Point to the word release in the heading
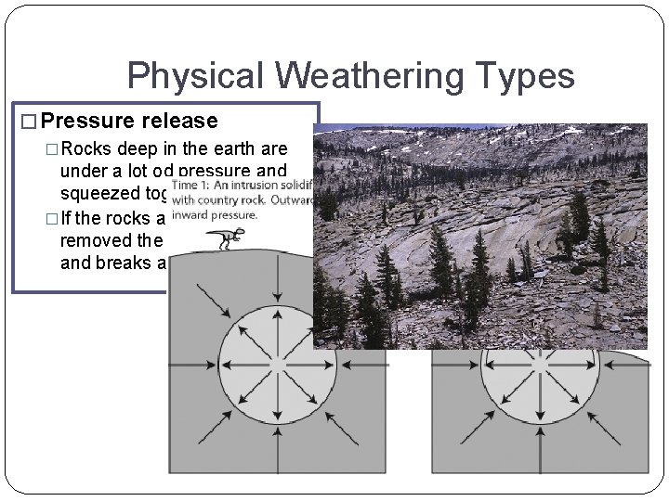pyautogui.click(x=180, y=121)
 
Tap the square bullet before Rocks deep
pyautogui.click(x=51, y=149)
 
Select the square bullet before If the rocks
pyautogui.click(x=51, y=220)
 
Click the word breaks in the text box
pyautogui.click(x=125, y=262)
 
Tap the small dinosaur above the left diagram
pyautogui.click(x=220, y=238)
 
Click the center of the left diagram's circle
pyautogui.click(x=265, y=360)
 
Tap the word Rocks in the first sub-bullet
pyautogui.click(x=88, y=149)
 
